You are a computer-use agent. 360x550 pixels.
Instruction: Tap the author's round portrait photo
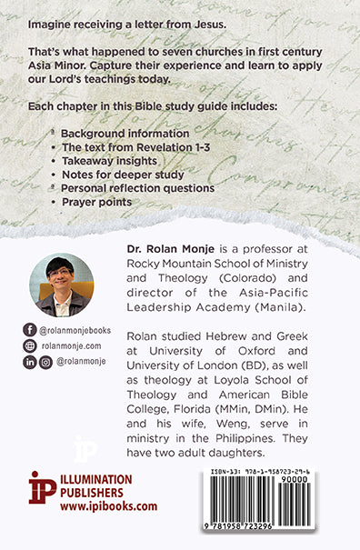click(60, 285)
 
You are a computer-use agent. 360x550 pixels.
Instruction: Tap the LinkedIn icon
click(30, 361)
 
